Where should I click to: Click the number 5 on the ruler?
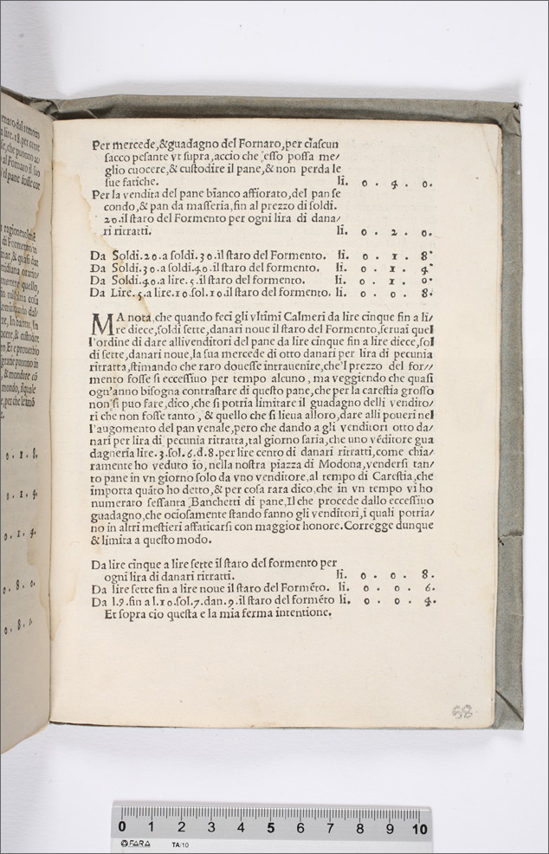point(270,827)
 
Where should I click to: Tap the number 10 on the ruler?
point(420,827)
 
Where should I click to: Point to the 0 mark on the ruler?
point(122,827)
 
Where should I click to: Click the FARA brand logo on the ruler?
point(137,844)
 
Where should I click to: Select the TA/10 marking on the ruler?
point(181,844)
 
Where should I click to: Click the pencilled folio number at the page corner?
point(462,711)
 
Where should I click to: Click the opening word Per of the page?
point(103,145)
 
